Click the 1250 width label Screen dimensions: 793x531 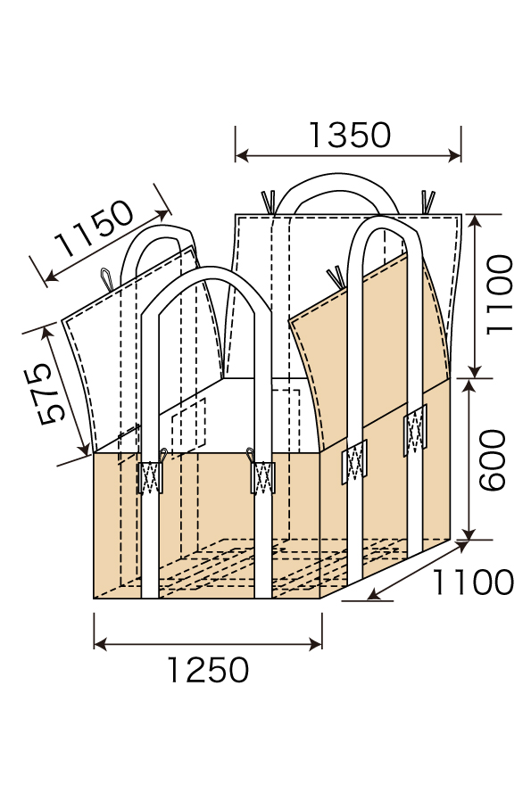pos(208,669)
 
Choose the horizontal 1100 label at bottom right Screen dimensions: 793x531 pos(473,582)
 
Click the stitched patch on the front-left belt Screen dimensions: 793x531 pos(149,479)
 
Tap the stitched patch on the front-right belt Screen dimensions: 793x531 pos(264,479)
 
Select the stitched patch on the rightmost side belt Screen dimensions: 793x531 pos(415,431)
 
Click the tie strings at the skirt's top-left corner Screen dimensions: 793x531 pos(267,201)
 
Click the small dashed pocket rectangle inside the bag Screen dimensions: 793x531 pos(188,424)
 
